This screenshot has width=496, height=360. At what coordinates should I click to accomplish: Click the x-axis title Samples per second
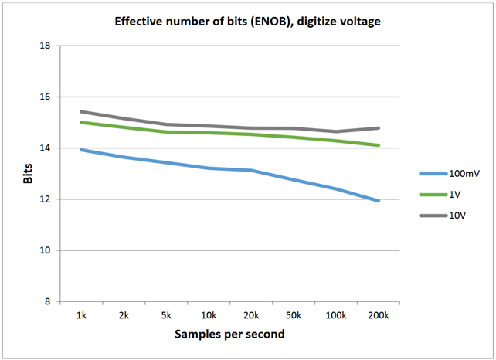[x=229, y=335]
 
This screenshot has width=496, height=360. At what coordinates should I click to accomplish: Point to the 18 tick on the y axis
[x=45, y=46]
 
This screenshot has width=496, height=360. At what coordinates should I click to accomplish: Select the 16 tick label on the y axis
[x=45, y=97]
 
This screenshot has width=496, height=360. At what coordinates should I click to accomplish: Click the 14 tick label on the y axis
[x=45, y=148]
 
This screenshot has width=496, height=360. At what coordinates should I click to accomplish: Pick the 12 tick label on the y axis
[x=45, y=199]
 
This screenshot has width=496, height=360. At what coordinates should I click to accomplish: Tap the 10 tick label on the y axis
[x=45, y=250]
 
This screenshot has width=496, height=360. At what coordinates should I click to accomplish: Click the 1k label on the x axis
[x=81, y=315]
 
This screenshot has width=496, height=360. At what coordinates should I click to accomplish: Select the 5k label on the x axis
[x=166, y=315]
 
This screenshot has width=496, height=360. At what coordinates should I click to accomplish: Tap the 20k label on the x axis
[x=251, y=315]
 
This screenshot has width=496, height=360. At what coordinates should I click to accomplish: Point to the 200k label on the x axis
[x=378, y=315]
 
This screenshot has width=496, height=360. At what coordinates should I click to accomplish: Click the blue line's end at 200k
[x=378, y=201]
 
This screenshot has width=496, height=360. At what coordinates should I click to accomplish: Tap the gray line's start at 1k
[x=81, y=112]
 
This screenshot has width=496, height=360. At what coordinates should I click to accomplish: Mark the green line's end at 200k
[x=378, y=145]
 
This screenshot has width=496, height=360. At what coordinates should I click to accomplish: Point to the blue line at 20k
[x=251, y=170]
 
